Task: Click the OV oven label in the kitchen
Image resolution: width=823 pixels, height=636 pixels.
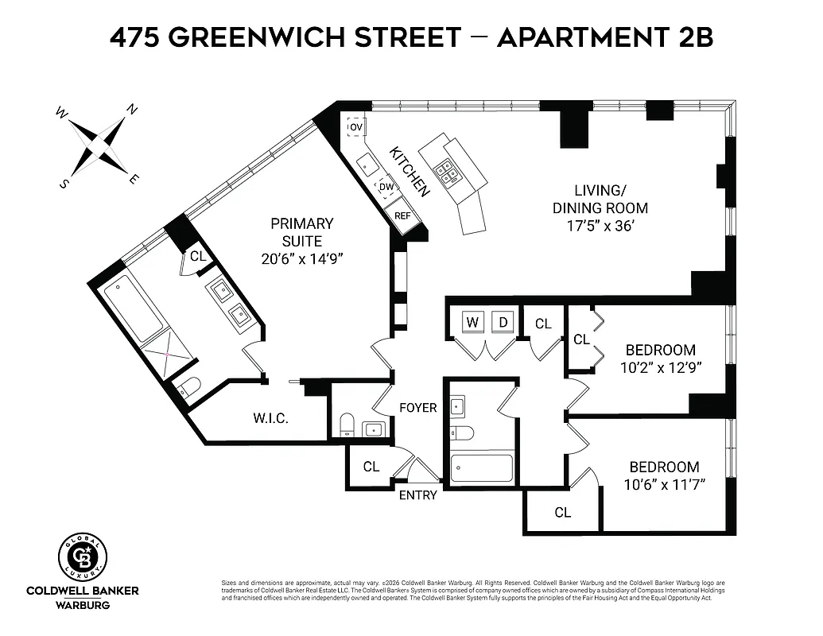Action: pos(355,127)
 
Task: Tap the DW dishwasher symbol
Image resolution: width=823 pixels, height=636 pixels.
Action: pos(386,187)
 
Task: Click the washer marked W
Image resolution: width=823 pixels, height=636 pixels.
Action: pos(472,322)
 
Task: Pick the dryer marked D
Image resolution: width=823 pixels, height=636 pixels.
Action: pos(503,322)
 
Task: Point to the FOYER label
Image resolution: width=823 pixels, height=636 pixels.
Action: pos(417,408)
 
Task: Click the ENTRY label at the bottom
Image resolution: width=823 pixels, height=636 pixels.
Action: pos(418,495)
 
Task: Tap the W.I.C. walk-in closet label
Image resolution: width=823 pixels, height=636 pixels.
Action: pos(270,418)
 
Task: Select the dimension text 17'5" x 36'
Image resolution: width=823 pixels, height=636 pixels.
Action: pos(600,227)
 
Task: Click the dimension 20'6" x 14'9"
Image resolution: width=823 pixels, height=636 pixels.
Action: pos(301,258)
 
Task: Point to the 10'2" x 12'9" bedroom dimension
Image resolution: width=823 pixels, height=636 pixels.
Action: pos(660,367)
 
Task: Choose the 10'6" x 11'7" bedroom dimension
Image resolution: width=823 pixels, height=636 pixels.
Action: pos(664,484)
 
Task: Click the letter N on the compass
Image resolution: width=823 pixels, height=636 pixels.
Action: pos(133,110)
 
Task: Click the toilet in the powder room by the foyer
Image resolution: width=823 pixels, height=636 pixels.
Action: pos(347,425)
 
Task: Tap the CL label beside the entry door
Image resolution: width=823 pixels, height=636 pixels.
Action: pos(371,467)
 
